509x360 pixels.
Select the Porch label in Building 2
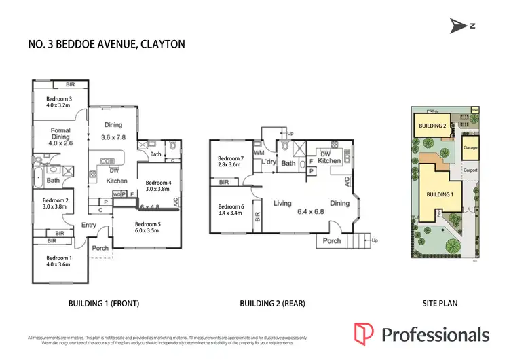point(331,241)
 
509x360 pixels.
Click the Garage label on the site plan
point(470,147)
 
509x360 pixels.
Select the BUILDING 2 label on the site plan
point(432,126)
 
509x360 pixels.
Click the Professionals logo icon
point(364,333)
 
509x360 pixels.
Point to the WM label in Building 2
point(259,153)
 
